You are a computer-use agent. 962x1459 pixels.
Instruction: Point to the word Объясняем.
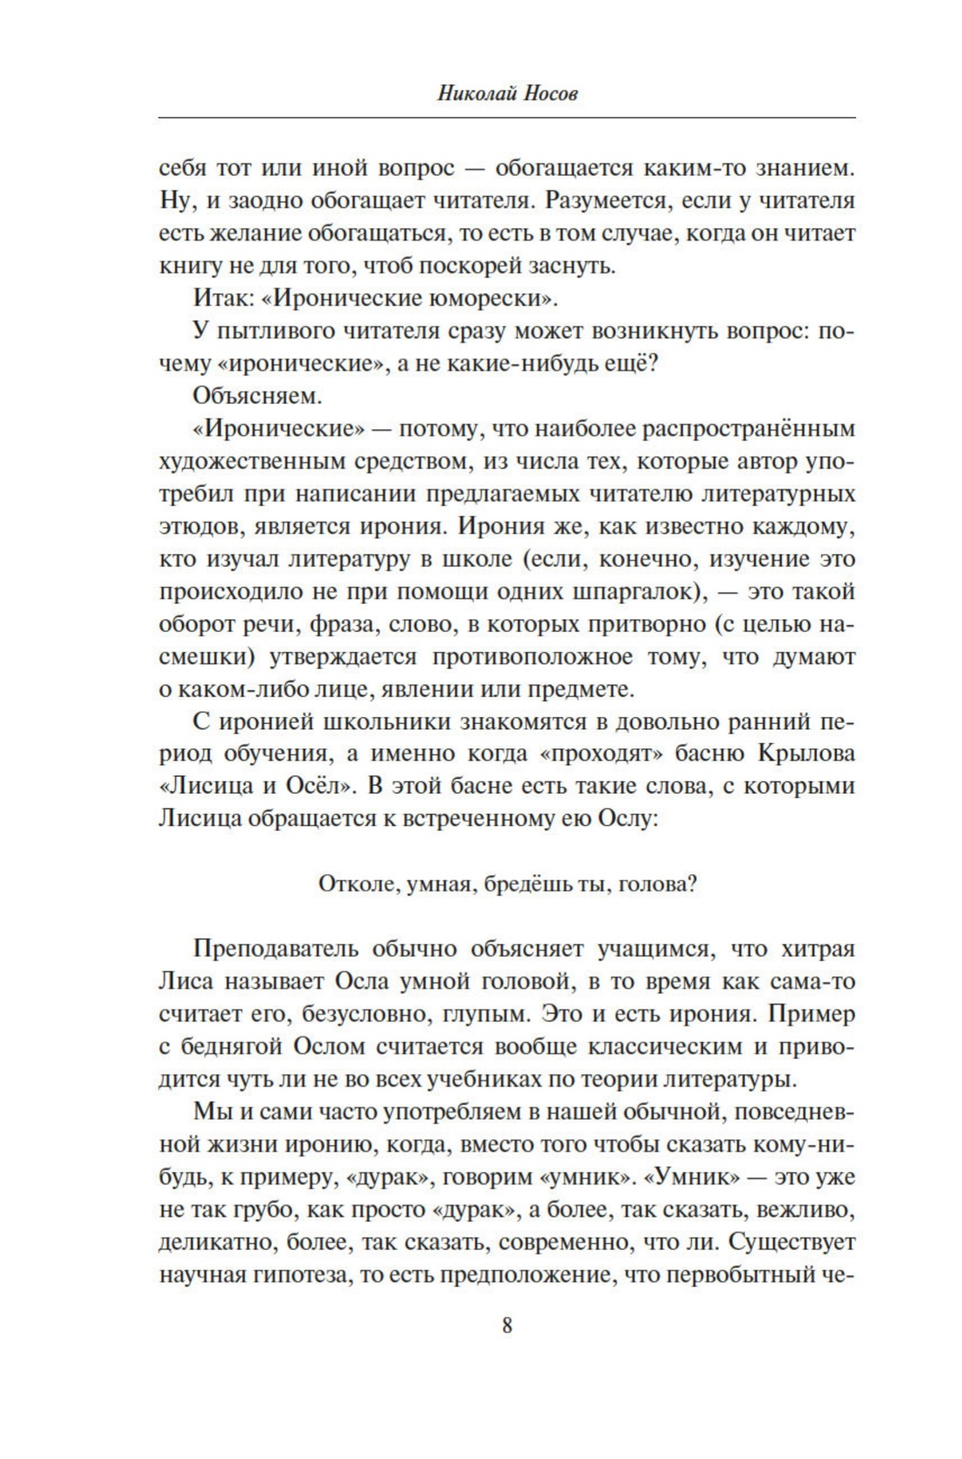pyautogui.click(x=258, y=396)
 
